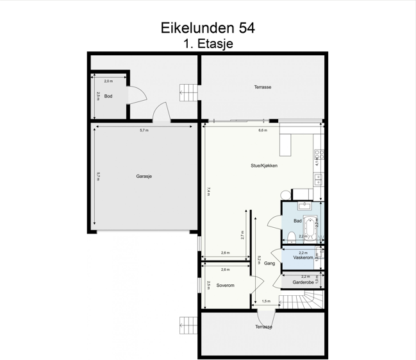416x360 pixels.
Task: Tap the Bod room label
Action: [108, 96]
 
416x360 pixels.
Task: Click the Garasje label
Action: [144, 176]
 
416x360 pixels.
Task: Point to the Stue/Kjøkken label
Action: [263, 165]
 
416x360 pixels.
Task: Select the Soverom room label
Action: [224, 285]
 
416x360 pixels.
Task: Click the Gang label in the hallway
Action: [269, 263]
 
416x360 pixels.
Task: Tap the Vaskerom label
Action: [303, 257]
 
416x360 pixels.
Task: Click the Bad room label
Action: [297, 221]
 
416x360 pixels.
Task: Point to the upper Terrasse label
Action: [262, 87]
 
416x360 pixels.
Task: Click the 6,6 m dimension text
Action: [262, 130]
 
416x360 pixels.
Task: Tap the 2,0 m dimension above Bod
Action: [108, 81]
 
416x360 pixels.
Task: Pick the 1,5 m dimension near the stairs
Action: [266, 301]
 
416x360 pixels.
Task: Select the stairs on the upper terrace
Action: [189, 92]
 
